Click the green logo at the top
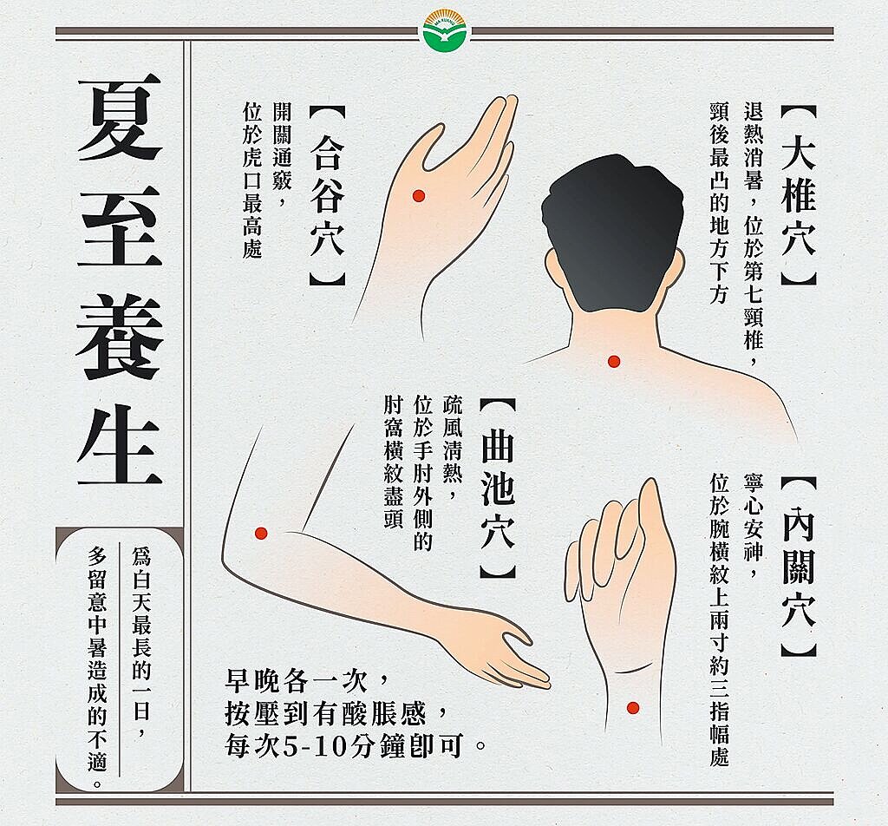coord(443,33)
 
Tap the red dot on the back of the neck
coord(614,361)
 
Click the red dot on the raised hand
coord(416,194)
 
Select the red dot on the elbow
coord(260,533)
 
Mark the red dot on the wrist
coord(633,708)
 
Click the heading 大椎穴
coord(798,196)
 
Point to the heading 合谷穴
coord(327,196)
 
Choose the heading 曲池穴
coord(498,489)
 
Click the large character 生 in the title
coord(120,444)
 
